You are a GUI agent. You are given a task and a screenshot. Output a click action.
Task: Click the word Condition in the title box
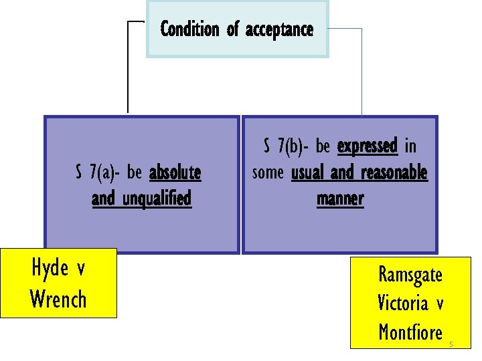189,29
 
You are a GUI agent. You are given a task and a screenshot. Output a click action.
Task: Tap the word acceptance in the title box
279,30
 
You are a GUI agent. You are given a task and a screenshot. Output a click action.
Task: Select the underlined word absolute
175,173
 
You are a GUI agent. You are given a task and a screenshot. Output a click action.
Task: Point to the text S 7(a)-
98,173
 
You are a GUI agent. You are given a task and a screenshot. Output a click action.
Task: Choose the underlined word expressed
368,146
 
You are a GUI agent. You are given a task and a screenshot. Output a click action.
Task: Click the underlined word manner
340,199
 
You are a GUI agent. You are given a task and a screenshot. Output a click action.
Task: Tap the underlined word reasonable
394,172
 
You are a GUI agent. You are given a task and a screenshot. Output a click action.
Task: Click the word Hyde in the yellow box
50,268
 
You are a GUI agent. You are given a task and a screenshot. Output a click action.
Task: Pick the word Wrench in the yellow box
58,299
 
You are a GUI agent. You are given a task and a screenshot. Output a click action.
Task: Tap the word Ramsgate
410,274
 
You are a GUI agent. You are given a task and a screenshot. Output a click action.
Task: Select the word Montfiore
410,332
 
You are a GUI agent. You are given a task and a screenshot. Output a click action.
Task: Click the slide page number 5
451,344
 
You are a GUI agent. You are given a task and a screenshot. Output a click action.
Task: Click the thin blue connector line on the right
361,74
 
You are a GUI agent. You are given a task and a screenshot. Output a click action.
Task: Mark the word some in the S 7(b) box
268,172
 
